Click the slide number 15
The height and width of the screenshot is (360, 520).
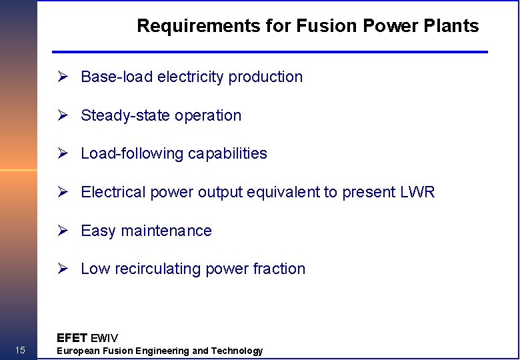(x=20, y=351)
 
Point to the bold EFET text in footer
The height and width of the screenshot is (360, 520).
(x=72, y=337)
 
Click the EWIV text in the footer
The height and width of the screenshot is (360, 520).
(x=104, y=338)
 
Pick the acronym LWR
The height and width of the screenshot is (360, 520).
(x=417, y=193)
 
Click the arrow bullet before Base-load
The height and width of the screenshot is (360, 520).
(x=63, y=77)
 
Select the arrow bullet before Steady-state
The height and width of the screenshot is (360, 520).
(x=63, y=115)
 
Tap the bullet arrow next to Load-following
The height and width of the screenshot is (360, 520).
(x=63, y=154)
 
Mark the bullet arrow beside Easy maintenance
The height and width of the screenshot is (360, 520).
(x=63, y=231)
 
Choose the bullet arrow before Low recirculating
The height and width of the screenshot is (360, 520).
(x=63, y=269)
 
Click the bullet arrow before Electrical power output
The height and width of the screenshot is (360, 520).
(x=63, y=193)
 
